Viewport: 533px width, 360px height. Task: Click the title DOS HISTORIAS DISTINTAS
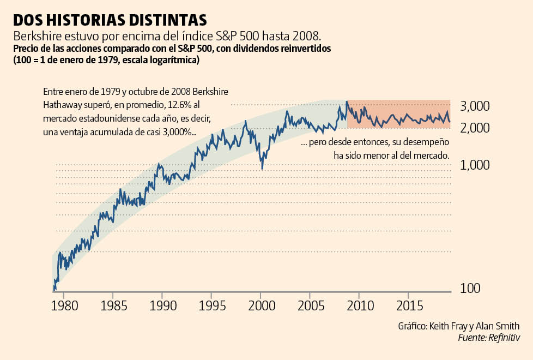click(110, 20)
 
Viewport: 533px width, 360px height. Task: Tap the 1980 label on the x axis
click(63, 304)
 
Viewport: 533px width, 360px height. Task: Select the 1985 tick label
click(113, 304)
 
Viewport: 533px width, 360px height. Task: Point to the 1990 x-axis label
click(162, 304)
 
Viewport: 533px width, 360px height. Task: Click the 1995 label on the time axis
click(211, 304)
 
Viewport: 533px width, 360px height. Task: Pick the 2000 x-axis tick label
click(261, 304)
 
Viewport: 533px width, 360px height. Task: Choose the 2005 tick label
click(310, 304)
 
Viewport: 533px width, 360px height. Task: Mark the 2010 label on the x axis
click(359, 304)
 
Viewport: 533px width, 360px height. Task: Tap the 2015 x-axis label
click(409, 304)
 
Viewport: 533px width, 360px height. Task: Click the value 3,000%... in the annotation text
click(176, 132)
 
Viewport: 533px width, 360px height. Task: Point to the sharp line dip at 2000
click(262, 168)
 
